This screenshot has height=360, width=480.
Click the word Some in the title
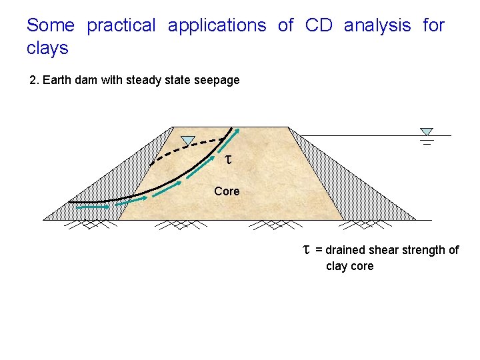pos(50,25)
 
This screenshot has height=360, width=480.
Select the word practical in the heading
pos(121,25)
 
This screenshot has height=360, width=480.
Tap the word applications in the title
pos(217,25)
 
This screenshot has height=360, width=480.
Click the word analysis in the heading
pos(377,25)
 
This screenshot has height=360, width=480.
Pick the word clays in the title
pos(47,48)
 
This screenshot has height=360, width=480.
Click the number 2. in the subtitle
pos(35,80)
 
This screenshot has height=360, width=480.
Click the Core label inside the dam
pos(227,191)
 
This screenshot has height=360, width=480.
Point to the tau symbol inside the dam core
pos(228,160)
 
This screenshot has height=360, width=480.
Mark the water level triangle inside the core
pos(189,141)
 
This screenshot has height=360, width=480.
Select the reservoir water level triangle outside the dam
pos(427,132)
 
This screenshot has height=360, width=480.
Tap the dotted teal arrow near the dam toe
pos(93,207)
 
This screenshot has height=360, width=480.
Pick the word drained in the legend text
pos(346,250)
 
